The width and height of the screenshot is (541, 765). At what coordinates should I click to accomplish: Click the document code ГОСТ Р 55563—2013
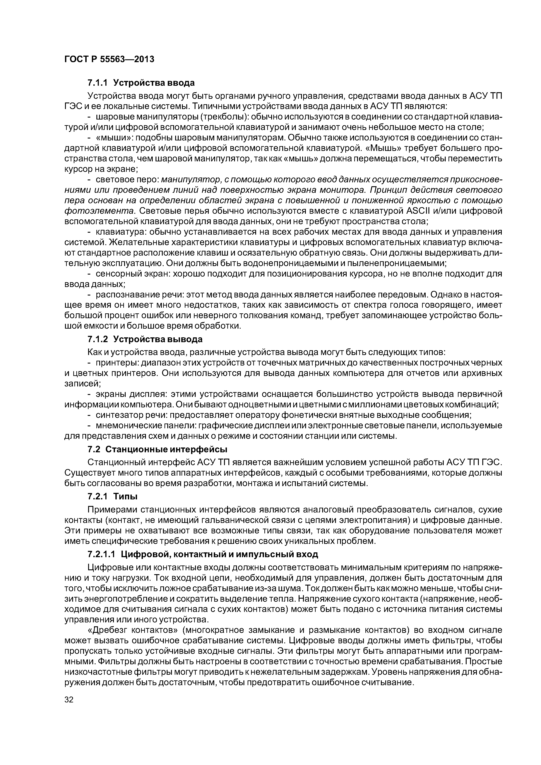[x=109, y=59]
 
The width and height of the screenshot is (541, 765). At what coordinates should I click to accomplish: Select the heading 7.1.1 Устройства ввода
[x=141, y=82]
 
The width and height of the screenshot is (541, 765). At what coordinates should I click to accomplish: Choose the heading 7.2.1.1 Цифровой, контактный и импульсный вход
[x=203, y=554]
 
